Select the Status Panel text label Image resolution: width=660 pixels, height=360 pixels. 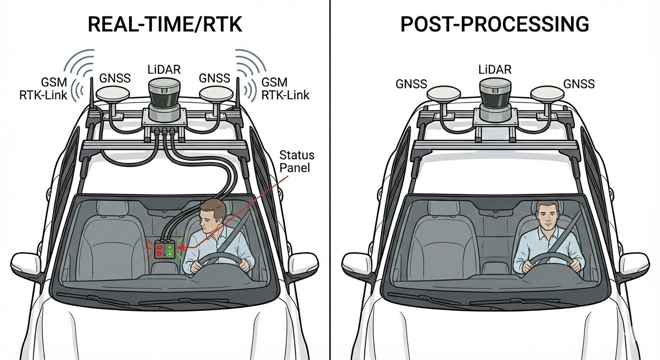(296, 161)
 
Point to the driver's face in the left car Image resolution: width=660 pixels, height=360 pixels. (207, 218)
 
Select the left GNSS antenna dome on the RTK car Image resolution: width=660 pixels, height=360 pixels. (112, 94)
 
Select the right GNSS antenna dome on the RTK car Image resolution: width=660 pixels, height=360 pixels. (216, 94)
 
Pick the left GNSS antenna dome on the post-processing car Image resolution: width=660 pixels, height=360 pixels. (443, 94)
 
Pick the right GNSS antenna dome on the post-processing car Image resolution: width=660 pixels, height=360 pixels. (547, 94)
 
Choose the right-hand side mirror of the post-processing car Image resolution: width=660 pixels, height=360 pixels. (633, 265)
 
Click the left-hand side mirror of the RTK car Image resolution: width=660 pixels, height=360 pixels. (27, 265)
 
